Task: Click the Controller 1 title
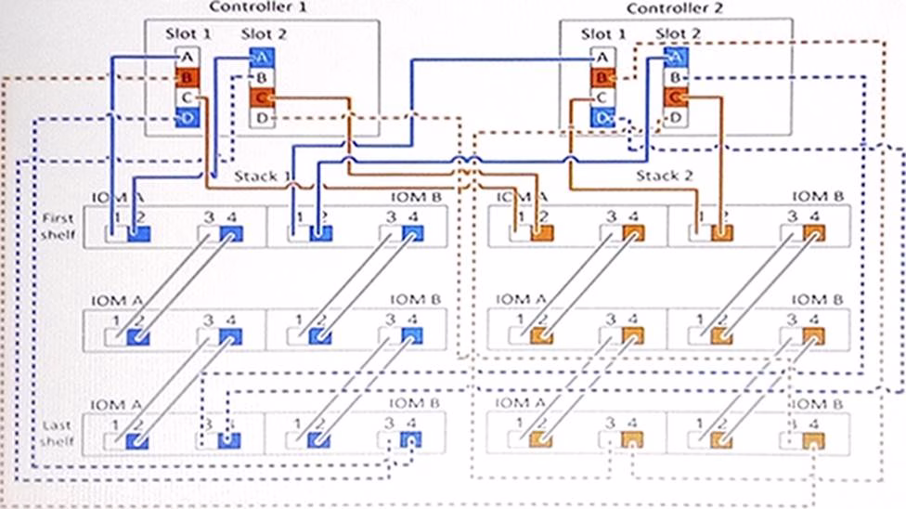[x=258, y=7]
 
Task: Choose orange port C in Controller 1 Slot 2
[x=262, y=98]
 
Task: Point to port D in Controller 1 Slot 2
[x=262, y=118]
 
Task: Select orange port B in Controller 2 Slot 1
[x=602, y=78]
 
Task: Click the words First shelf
[x=58, y=226]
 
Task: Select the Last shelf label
[x=58, y=432]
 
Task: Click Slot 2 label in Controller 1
[x=264, y=34]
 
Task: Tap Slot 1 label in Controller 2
[x=603, y=34]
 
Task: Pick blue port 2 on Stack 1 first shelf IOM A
[x=138, y=234]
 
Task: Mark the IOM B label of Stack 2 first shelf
[x=813, y=197]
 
